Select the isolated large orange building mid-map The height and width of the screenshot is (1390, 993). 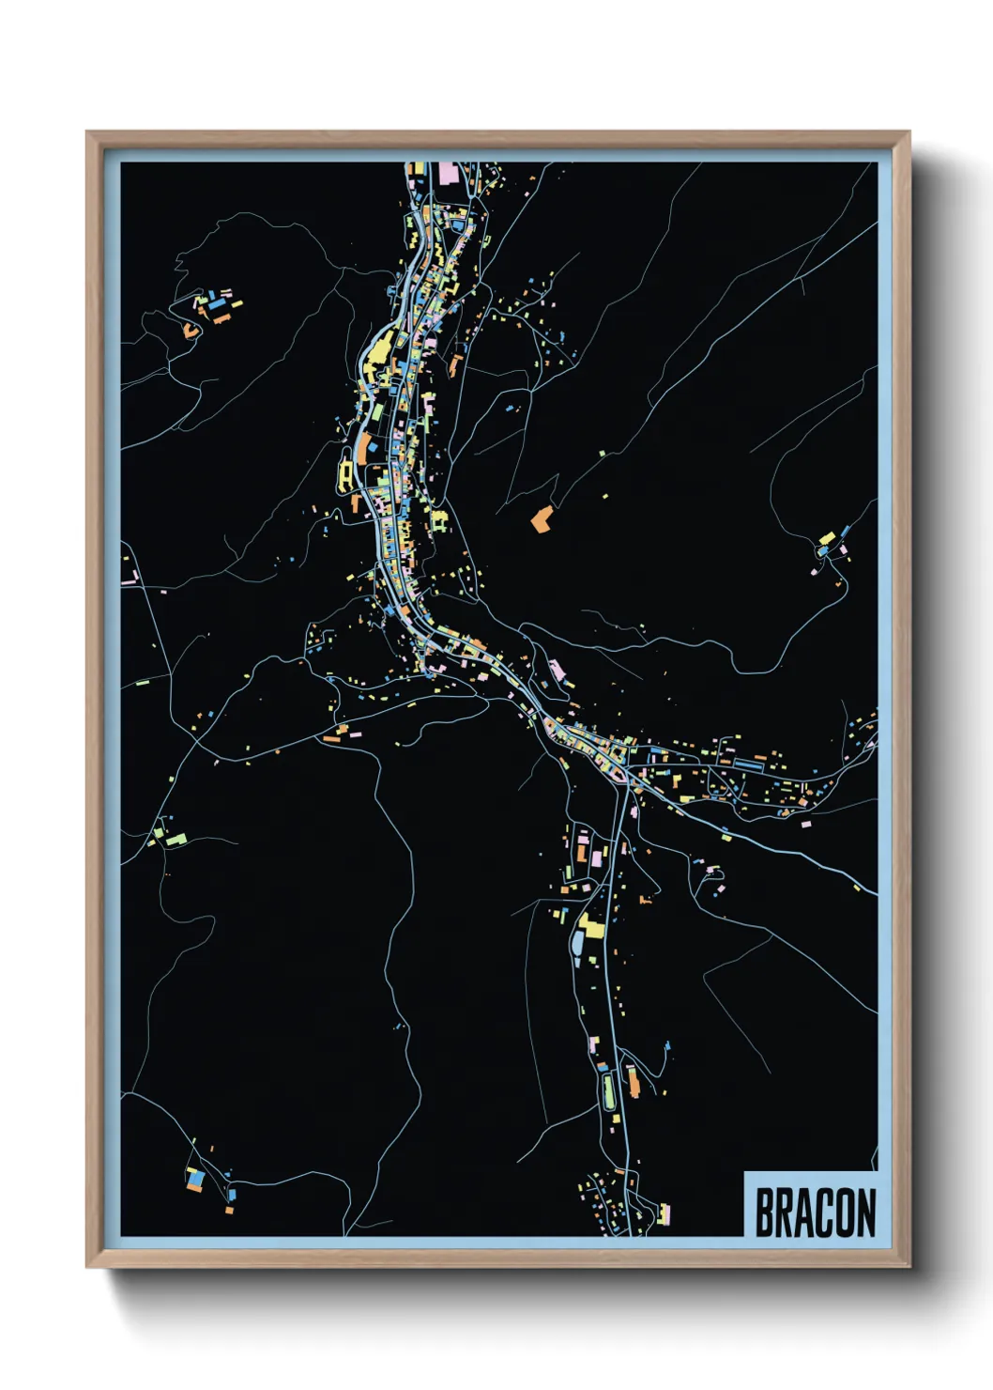541,519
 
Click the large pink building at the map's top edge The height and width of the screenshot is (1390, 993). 448,173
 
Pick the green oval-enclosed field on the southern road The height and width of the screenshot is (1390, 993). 608,1090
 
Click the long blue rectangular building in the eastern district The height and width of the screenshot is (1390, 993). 749,765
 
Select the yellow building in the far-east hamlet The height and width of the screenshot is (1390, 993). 827,539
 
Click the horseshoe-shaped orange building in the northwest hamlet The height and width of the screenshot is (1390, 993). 191,330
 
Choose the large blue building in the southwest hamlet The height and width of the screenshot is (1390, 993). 195,1177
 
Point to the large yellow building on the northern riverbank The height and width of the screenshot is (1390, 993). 380,351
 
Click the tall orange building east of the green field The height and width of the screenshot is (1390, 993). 634,1083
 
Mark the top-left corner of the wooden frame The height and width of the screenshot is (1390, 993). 87,132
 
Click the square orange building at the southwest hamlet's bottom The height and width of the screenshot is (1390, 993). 229,1211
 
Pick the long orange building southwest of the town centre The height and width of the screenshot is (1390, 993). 331,739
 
